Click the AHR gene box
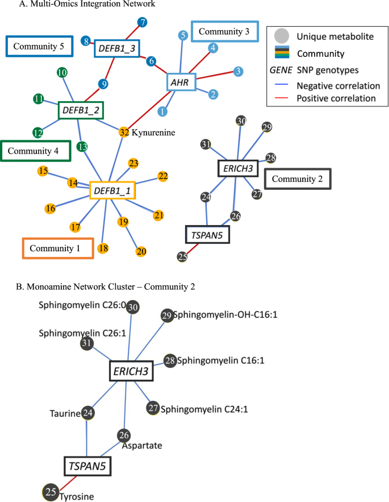pos(181,82)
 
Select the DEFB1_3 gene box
pos(116,48)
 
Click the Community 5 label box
pos(39,45)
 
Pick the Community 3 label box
pos(224,32)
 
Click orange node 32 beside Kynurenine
pos(124,132)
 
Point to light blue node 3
pos(239,72)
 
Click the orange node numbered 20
pos(141,251)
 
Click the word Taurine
pos(63,413)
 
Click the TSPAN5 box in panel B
pos(87,467)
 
